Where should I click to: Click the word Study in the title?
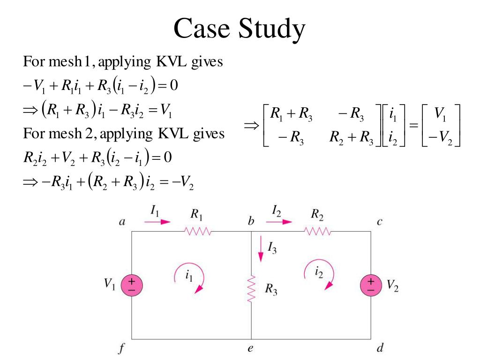pyautogui.click(x=272, y=29)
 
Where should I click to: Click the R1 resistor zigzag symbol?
pyautogui.click(x=199, y=231)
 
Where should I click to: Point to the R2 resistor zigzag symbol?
pyautogui.click(x=318, y=231)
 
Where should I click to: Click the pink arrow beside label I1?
pyautogui.click(x=157, y=222)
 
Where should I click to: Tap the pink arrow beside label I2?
pyautogui.click(x=280, y=222)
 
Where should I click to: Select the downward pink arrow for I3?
pyautogui.click(x=261, y=253)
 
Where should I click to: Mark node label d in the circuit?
pyautogui.click(x=380, y=348)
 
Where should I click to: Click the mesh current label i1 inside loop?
pyautogui.click(x=188, y=276)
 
